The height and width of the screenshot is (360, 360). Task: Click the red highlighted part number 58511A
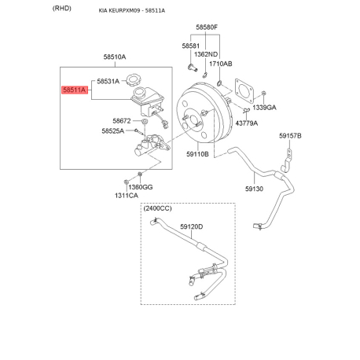75,90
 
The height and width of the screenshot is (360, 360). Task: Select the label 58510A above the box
115,57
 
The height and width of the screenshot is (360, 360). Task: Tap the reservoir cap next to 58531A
134,80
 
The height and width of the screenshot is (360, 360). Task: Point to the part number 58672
122,121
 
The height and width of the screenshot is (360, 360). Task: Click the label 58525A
113,130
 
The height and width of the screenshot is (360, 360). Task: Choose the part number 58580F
207,28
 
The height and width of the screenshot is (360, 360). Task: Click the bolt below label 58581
193,68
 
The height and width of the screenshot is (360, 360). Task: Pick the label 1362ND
206,54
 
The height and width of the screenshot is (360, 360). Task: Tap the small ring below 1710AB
219,83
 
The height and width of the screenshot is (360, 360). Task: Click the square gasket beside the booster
244,90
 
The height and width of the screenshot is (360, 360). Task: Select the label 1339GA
264,108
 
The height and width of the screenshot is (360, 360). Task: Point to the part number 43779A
247,123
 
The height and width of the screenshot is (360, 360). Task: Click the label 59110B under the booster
197,154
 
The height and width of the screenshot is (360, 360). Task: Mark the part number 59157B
290,136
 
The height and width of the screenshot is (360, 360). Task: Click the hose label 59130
254,189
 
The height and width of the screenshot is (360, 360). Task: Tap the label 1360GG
141,187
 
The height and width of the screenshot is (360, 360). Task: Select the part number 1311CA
127,196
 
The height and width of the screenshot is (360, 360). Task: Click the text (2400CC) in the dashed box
158,208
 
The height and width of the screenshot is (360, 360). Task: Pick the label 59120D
192,226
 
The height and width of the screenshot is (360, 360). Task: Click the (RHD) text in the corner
62,9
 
